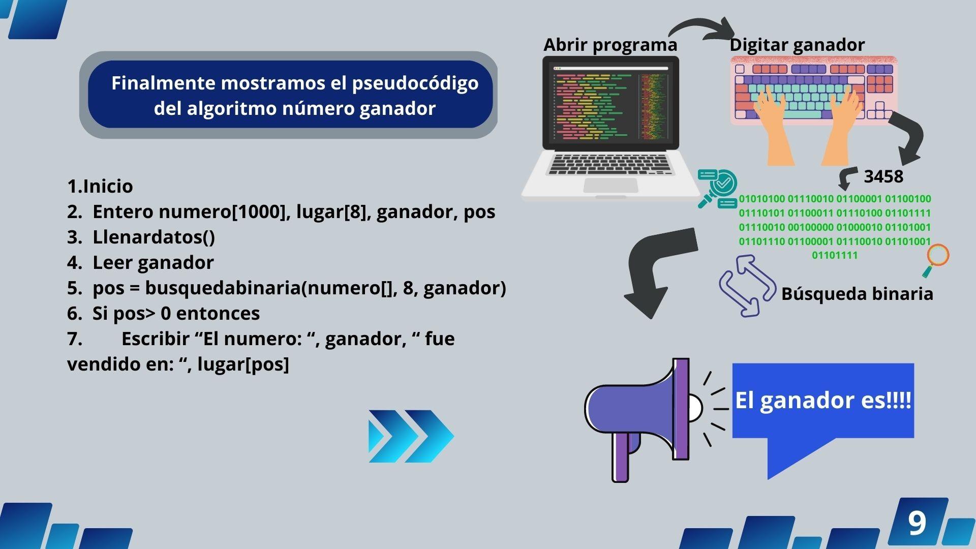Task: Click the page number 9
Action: (917, 523)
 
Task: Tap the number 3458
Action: (883, 176)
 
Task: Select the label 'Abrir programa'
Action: (610, 45)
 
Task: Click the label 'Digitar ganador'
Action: (797, 45)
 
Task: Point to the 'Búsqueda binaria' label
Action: (857, 294)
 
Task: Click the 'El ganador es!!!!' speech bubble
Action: (823, 402)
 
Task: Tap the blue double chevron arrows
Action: (411, 436)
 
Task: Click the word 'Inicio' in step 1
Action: (108, 186)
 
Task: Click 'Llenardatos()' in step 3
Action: (154, 237)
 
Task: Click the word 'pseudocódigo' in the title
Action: (415, 83)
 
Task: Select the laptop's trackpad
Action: (611, 185)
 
